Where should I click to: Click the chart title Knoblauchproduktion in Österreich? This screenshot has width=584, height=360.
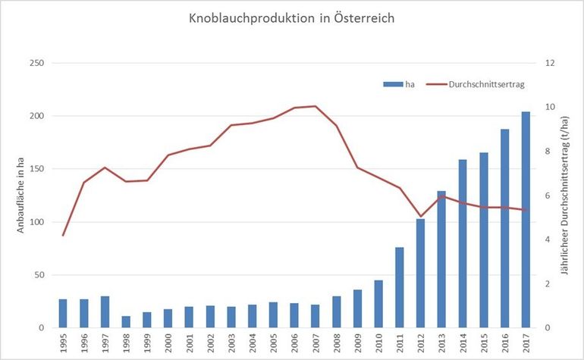292,17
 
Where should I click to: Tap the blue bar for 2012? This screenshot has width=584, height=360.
420,273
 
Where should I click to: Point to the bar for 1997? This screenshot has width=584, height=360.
105,312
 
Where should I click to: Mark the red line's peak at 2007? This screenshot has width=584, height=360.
316,106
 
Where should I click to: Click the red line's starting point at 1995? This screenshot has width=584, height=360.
63,235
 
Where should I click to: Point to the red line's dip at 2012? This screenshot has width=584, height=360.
420,217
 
